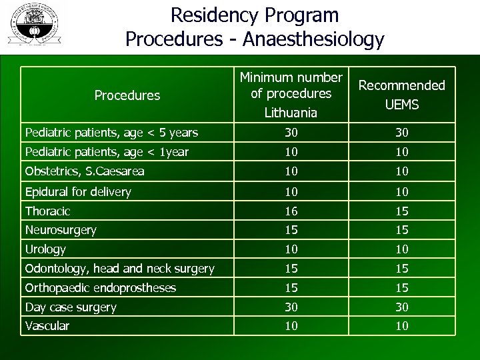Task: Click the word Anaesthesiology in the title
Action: pyautogui.click(x=313, y=39)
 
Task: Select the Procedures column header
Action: pyautogui.click(x=127, y=95)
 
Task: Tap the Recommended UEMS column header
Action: pyautogui.click(x=401, y=95)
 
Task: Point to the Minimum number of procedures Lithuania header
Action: pyautogui.click(x=291, y=95)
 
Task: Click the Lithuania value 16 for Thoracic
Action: pyautogui.click(x=291, y=211)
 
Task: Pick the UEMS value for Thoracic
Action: pyautogui.click(x=401, y=211)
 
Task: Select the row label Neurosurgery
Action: pyautogui.click(x=61, y=230)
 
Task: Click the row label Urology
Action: pyautogui.click(x=45, y=249)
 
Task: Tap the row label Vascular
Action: pyautogui.click(x=47, y=326)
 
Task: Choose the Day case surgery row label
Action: pyautogui.click(x=71, y=307)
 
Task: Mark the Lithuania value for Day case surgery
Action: pyautogui.click(x=291, y=307)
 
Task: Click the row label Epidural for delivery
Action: pyautogui.click(x=78, y=192)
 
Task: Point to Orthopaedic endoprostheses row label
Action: pyautogui.click(x=101, y=288)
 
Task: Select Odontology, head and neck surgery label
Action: pyautogui.click(x=120, y=269)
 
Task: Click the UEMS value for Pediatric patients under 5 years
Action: pyautogui.click(x=401, y=133)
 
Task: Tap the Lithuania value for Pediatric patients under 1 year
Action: pyautogui.click(x=291, y=152)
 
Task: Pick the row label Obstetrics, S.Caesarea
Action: pyautogui.click(x=85, y=171)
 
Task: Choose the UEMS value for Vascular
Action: pyautogui.click(x=401, y=326)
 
